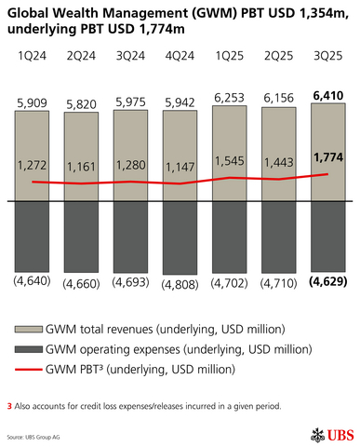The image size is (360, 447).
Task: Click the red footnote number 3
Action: (x=9, y=406)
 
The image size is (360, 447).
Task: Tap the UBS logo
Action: (x=328, y=434)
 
